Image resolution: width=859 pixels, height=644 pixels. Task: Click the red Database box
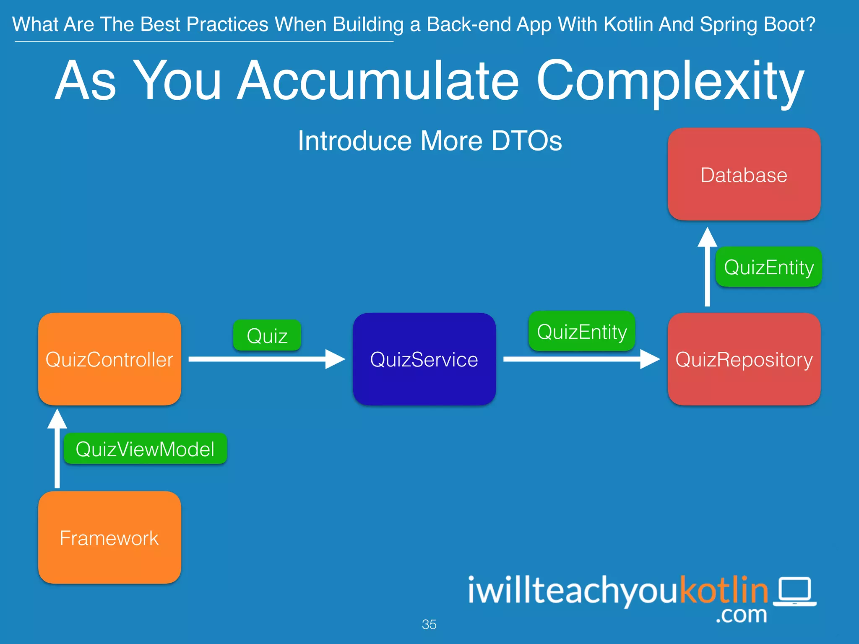(x=744, y=174)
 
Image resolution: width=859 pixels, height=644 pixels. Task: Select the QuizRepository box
(x=744, y=359)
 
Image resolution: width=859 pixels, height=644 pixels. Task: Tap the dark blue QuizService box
(x=424, y=359)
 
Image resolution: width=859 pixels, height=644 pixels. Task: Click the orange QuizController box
(x=109, y=359)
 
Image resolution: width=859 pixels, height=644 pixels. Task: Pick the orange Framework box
(x=109, y=538)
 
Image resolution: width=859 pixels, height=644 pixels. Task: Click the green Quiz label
(x=267, y=335)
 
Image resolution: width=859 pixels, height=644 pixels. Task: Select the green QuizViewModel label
(x=145, y=449)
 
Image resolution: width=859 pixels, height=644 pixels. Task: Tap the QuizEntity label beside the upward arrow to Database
(x=768, y=267)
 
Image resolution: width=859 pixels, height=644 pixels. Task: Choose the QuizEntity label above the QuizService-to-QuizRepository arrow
(x=582, y=331)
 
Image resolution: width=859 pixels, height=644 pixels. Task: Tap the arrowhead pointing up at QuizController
(x=57, y=419)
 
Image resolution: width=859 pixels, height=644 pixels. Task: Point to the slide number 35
(x=429, y=624)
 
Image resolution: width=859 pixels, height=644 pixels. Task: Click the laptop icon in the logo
(x=795, y=591)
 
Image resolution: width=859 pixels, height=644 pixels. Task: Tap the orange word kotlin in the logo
(x=724, y=590)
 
